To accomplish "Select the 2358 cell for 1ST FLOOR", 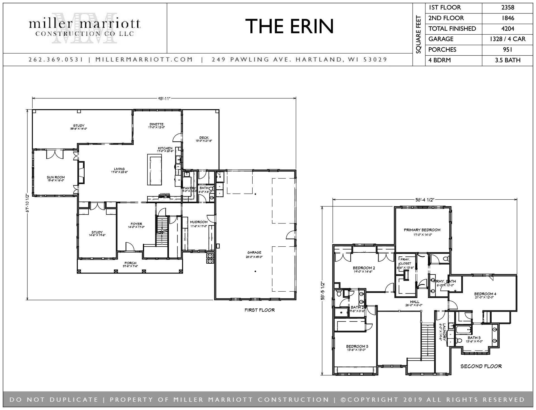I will click(508, 8).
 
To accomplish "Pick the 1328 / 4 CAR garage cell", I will click(508, 39).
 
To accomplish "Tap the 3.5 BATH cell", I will click(508, 60).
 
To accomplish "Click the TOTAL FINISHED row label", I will click(452, 28).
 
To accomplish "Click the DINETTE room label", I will click(156, 124).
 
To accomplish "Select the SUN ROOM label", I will click(56, 177).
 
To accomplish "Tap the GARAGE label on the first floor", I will click(254, 252).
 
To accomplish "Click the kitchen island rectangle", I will click(155, 170).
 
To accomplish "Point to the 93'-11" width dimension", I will click(163, 98).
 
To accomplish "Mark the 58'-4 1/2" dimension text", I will click(424, 199).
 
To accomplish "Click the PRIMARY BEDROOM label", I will click(422, 230).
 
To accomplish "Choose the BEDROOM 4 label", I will click(485, 294).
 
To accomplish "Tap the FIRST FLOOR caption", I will click(260, 310).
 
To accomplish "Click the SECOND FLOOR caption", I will click(481, 366).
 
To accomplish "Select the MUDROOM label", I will click(199, 222).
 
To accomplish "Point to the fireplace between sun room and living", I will click(81, 172).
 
